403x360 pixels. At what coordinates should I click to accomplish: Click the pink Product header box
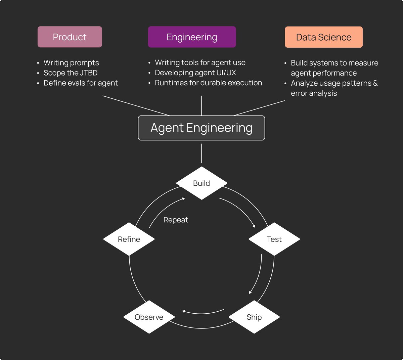click(x=70, y=37)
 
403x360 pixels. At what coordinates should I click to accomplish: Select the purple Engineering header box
click(x=192, y=37)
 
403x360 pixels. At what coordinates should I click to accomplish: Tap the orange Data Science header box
click(x=324, y=37)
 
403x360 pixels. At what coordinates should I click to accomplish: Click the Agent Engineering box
click(x=201, y=128)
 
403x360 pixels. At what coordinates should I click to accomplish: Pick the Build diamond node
click(x=201, y=183)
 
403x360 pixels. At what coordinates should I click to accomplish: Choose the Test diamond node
click(x=274, y=239)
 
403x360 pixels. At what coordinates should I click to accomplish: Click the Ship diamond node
click(x=254, y=317)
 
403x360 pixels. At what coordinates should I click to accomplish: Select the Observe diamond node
click(x=149, y=317)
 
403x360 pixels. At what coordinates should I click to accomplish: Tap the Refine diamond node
click(x=129, y=239)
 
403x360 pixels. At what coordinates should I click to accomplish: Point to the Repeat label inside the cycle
click(x=176, y=220)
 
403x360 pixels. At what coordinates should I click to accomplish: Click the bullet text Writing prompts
click(x=71, y=63)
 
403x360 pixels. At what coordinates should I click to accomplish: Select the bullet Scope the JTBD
click(x=71, y=73)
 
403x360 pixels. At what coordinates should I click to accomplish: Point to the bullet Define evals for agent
click(x=81, y=83)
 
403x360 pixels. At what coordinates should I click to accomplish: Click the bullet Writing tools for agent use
click(x=200, y=62)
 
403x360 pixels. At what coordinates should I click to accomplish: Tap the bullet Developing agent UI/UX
click(x=195, y=73)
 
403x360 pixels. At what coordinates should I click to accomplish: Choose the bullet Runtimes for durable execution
click(x=209, y=83)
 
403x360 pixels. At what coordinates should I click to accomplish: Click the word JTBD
click(x=89, y=73)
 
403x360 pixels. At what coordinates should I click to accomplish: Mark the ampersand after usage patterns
click(x=375, y=83)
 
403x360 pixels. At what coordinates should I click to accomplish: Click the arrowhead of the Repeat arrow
click(x=183, y=199)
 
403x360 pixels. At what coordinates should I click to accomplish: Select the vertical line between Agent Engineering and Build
click(x=201, y=153)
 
